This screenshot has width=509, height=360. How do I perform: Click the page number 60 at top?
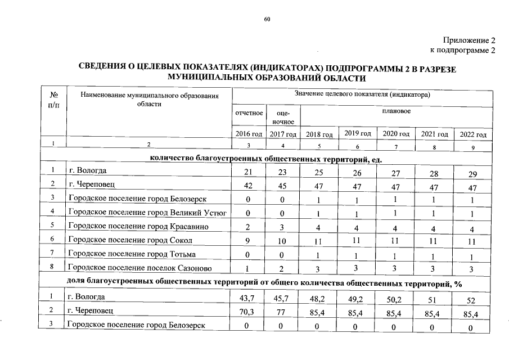coord(267,20)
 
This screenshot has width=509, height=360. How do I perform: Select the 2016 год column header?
coord(249,134)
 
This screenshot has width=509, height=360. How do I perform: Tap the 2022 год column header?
coord(473,135)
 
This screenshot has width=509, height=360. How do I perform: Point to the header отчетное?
coord(249,112)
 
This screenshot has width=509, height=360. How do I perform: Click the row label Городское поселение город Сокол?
coord(130,240)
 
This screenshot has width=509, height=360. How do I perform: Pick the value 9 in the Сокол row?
coord(247,241)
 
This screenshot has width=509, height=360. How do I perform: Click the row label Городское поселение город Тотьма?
coord(132,254)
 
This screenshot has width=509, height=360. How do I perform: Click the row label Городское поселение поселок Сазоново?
coord(141,268)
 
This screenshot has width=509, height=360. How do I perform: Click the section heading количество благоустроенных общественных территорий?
coord(266,159)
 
